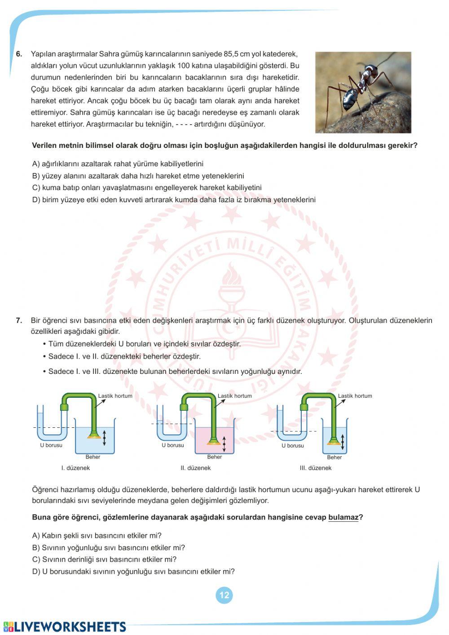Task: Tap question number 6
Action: [x=19, y=54]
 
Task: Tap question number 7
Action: [x=19, y=320]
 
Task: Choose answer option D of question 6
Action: [x=174, y=200]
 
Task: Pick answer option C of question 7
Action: [x=104, y=560]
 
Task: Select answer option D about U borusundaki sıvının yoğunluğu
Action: [x=133, y=572]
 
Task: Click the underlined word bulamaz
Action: [x=343, y=517]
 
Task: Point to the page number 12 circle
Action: [x=224, y=595]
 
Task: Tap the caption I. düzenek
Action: [x=75, y=468]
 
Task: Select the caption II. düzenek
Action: [x=195, y=468]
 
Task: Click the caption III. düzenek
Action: [x=316, y=468]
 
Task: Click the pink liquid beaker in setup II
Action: [x=215, y=440]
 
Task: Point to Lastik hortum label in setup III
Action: [x=355, y=396]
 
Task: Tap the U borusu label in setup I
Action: [x=51, y=445]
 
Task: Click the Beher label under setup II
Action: [x=215, y=457]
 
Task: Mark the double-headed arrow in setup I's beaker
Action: [x=104, y=437]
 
